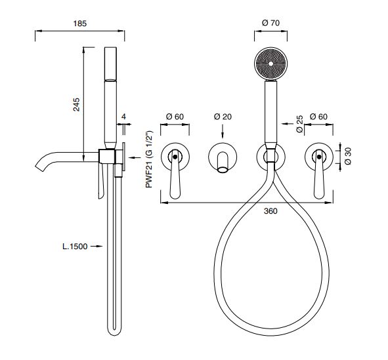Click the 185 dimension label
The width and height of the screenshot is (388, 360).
point(80,24)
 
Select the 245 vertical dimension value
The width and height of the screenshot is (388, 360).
point(77,104)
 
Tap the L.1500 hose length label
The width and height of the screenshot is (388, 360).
point(75,247)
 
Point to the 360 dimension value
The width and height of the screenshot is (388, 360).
point(270,211)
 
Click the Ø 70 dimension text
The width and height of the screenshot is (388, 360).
point(270,23)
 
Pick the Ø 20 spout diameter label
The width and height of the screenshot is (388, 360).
point(223,117)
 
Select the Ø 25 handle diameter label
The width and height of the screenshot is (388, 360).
point(299,124)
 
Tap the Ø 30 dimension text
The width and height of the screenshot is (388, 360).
point(348,156)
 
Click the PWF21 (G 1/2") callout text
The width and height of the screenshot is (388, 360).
point(149,159)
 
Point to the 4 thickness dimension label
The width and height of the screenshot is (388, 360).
point(124,116)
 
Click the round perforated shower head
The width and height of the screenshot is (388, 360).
point(270,64)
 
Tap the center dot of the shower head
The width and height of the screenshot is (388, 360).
point(270,64)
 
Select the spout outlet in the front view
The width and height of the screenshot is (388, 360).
point(223,169)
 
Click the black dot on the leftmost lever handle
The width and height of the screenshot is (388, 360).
point(175,157)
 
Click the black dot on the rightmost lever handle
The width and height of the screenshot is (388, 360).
point(319,157)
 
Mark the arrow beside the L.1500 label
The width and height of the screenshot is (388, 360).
point(97,246)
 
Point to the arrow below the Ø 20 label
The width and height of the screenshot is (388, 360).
point(223,131)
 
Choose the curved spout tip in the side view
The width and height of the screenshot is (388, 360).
point(39,167)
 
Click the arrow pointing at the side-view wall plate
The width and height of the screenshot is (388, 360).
point(135,157)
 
